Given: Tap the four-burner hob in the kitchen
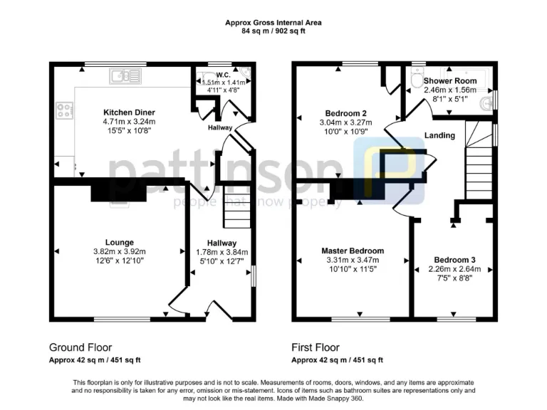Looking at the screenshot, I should click(63, 110).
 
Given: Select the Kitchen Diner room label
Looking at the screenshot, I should click(129, 112).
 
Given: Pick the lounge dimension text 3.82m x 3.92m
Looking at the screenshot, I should click(119, 252).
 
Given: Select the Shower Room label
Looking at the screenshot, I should click(450, 81).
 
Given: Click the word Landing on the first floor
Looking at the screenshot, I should click(439, 135).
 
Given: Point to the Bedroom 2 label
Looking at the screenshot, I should click(345, 113).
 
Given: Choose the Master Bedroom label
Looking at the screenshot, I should click(353, 251).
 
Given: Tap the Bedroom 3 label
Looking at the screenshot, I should click(454, 261).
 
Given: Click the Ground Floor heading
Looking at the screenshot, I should click(80, 348).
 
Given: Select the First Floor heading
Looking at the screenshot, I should click(316, 348).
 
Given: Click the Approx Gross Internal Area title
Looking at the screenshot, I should click(273, 23).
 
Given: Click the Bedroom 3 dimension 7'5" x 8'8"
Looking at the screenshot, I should click(454, 278).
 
